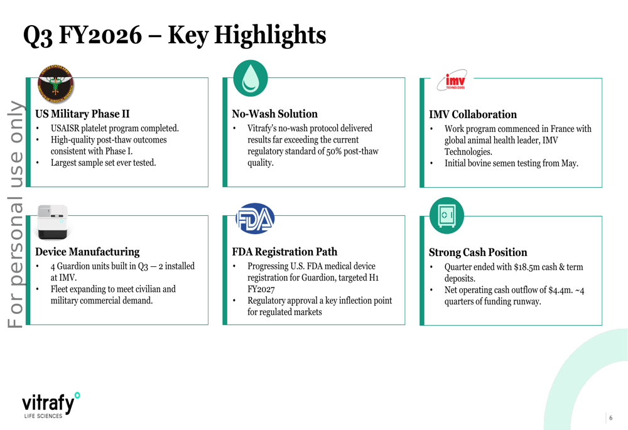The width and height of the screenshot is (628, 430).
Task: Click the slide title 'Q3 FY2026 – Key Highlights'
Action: (x=174, y=35)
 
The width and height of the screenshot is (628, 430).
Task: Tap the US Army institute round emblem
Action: (x=55, y=84)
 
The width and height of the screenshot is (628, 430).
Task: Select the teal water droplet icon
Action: (x=251, y=78)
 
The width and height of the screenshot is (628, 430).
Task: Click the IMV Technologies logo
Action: (x=452, y=81)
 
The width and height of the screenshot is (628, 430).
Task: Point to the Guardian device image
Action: (x=51, y=222)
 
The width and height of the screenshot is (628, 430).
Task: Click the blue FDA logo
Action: (x=255, y=218)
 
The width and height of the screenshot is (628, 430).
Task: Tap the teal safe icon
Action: (x=447, y=215)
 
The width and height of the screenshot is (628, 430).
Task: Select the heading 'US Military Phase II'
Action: (x=82, y=114)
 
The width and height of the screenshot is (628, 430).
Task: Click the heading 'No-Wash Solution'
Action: (x=274, y=114)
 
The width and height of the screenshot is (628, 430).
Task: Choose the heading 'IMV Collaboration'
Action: (x=472, y=114)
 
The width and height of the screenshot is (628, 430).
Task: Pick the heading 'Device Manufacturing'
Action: (x=87, y=252)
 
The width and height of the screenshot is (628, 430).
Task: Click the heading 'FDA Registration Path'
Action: (x=284, y=252)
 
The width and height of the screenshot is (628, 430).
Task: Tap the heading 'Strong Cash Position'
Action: (x=478, y=252)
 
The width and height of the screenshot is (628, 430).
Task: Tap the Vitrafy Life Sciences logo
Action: (x=51, y=405)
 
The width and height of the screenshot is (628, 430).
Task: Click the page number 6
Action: (x=610, y=418)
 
